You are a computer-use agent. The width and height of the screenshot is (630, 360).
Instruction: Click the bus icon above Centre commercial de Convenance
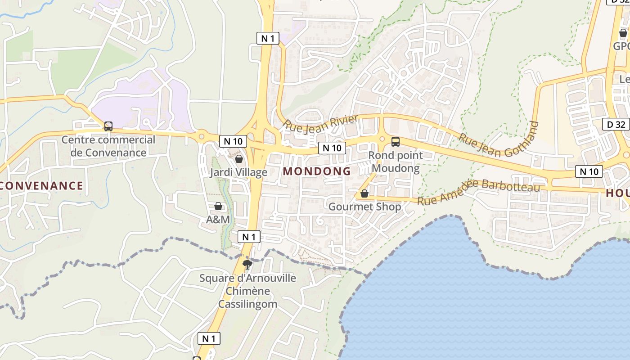(108, 126)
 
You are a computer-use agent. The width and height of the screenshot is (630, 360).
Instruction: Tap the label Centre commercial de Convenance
(108, 146)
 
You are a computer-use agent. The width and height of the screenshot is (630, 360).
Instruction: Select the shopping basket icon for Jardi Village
(238, 159)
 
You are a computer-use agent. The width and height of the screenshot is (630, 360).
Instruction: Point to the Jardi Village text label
(238, 172)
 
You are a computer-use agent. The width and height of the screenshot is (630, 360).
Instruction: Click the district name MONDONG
(317, 171)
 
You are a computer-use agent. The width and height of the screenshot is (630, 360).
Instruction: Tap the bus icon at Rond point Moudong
(395, 141)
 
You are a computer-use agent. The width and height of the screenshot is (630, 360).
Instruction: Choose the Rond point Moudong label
(396, 162)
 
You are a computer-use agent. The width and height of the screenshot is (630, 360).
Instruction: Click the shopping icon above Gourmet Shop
(364, 193)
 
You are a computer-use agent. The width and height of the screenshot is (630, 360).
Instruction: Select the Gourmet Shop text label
(364, 207)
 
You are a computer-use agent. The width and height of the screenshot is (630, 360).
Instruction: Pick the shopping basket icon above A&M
(218, 206)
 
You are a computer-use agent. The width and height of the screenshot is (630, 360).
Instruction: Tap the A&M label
(218, 220)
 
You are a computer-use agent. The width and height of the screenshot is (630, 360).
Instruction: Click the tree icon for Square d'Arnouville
(247, 264)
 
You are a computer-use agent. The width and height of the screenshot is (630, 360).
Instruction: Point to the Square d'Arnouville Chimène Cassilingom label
(247, 291)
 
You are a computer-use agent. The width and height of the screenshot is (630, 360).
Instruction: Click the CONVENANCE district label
(41, 185)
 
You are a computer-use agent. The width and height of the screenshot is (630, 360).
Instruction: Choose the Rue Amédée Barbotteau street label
(479, 191)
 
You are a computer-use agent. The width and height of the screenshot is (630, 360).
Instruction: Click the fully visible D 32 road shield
(616, 124)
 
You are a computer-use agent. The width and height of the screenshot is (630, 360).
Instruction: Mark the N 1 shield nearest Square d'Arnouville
(249, 237)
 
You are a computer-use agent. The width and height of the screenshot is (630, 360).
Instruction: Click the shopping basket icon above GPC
(623, 33)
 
